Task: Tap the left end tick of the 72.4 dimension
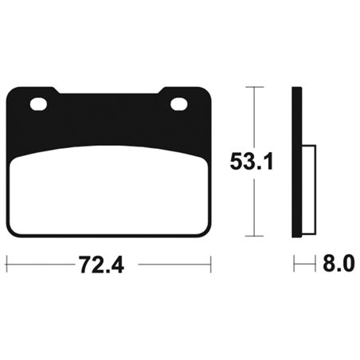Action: (6, 260)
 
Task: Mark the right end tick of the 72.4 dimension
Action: (210, 260)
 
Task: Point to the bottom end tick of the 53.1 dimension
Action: (253, 237)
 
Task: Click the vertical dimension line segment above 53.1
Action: (253, 115)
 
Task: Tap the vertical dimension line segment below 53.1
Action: (253, 207)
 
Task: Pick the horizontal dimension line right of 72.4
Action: (171, 260)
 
